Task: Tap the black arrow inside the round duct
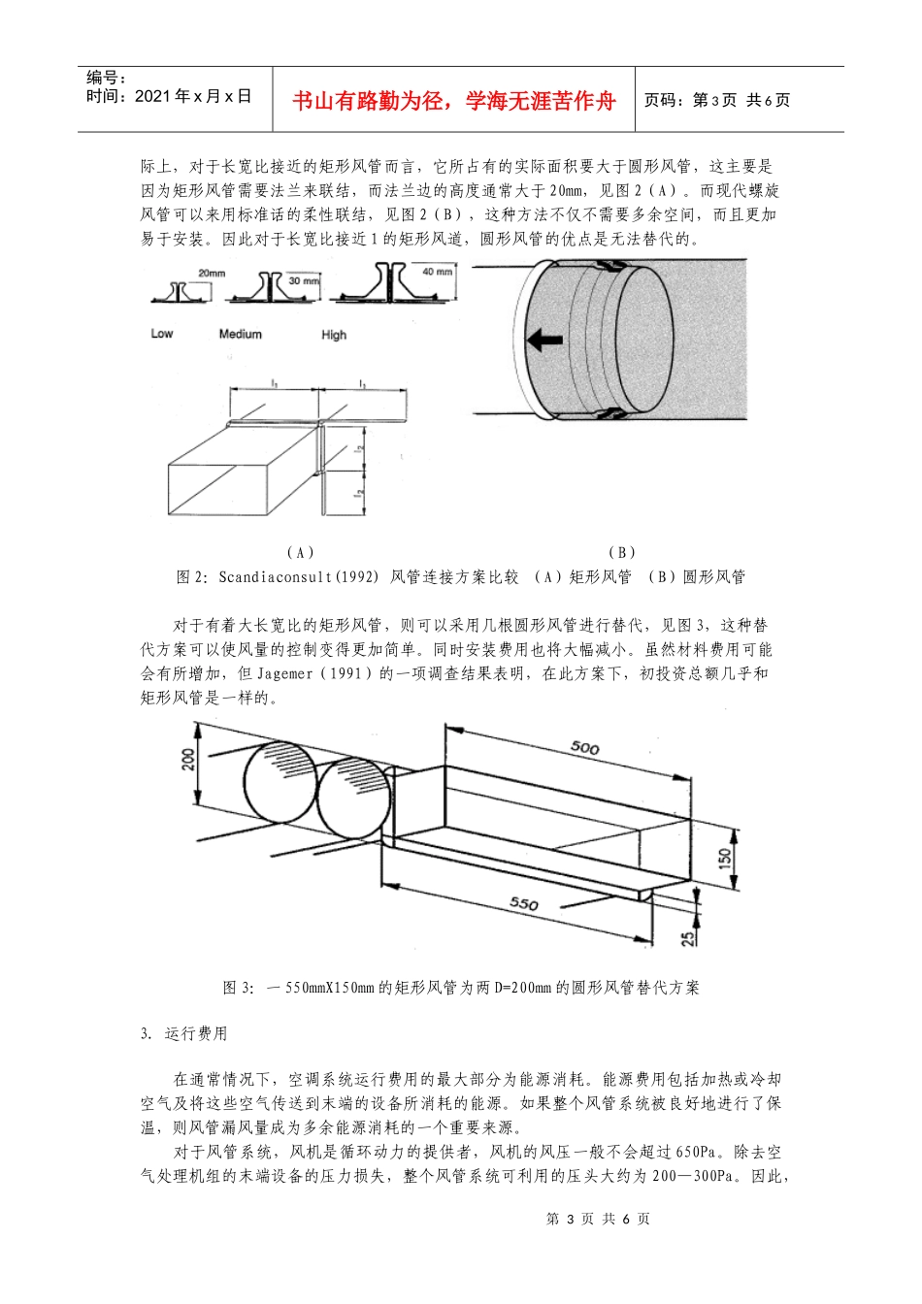544,341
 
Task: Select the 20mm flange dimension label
212,274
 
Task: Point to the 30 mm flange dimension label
304,281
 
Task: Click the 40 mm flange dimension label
437,273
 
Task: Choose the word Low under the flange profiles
162,334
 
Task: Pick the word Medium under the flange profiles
240,335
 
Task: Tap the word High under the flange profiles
334,335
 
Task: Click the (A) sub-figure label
301,552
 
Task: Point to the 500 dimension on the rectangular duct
584,748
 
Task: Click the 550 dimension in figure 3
524,903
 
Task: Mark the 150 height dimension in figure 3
726,857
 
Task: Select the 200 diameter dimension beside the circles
188,759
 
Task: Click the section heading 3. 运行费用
183,1034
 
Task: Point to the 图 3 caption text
461,988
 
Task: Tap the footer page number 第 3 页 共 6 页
598,1220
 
